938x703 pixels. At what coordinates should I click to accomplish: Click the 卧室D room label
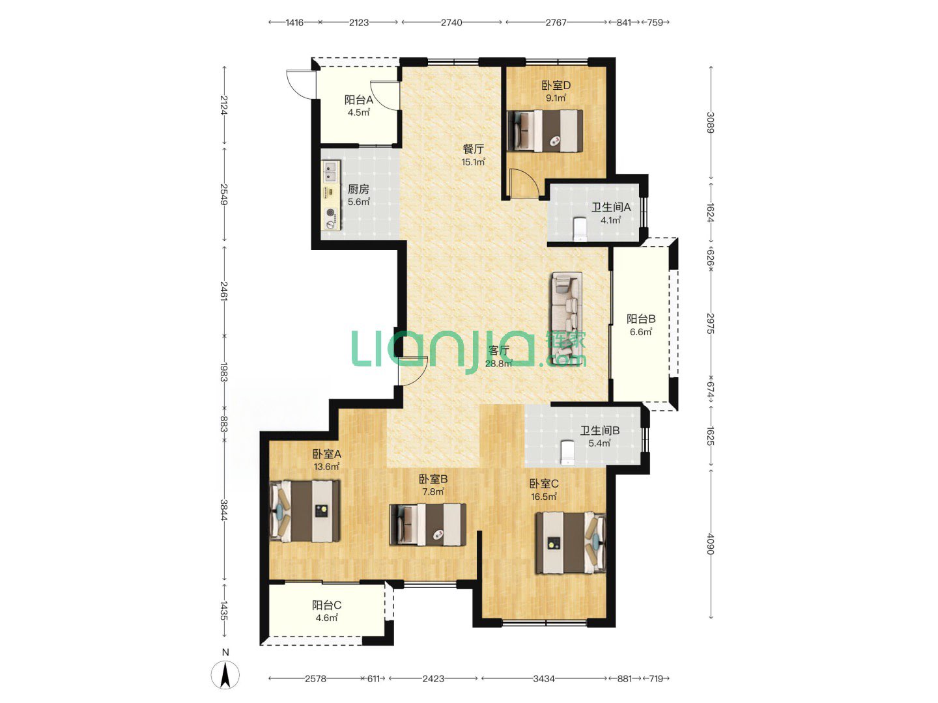point(556,85)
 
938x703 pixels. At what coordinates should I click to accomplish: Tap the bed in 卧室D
point(545,131)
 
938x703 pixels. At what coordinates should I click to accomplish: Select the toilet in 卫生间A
point(580,228)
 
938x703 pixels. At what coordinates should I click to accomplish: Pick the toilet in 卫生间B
point(567,452)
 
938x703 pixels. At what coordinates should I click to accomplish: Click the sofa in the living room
point(567,318)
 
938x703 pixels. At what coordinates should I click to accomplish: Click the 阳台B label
point(640,319)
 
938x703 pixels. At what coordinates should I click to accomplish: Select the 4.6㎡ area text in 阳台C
point(327,618)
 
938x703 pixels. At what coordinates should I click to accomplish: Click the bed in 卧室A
point(305,512)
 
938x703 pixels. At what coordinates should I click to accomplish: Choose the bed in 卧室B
point(428,525)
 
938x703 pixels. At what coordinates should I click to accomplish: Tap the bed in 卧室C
point(571,542)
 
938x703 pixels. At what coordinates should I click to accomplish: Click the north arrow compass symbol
point(225,674)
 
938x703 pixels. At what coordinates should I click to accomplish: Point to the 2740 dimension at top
point(451,23)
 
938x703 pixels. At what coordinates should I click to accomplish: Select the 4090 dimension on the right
point(710,544)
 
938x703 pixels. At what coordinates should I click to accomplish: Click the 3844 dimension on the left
point(224,510)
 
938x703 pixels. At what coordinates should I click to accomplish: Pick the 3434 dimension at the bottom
point(543,679)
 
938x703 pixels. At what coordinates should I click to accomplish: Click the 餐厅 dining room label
point(474,149)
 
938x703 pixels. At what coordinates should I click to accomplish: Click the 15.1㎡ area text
point(473,162)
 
